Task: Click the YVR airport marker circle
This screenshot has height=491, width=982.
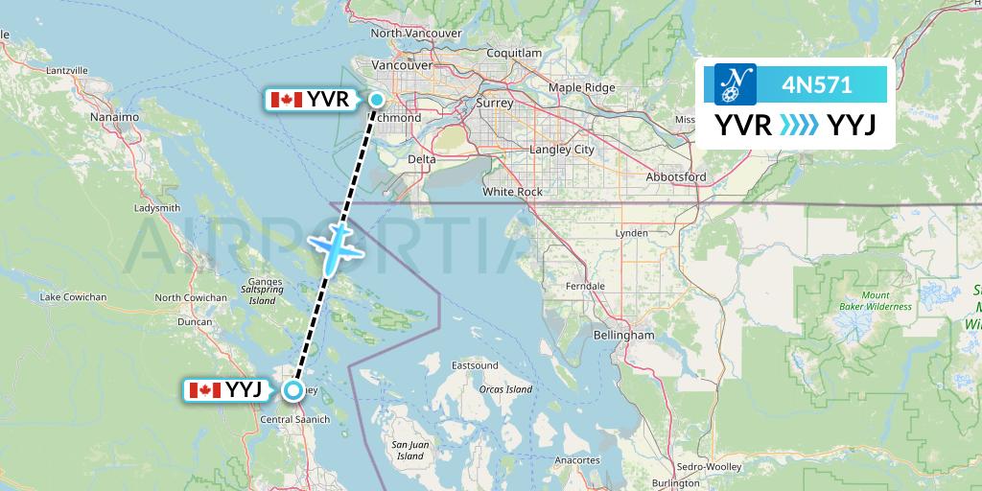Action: (x=377, y=100)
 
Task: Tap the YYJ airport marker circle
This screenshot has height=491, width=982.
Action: (x=292, y=389)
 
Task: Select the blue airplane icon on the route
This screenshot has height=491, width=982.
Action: (x=332, y=246)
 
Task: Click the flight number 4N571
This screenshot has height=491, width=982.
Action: (x=816, y=84)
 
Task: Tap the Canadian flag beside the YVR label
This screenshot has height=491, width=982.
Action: (x=287, y=100)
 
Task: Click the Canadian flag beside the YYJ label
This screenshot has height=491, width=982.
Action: (x=204, y=389)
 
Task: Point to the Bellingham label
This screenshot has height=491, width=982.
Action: (x=623, y=335)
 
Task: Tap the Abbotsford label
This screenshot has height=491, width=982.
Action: (x=675, y=176)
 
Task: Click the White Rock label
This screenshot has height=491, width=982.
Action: (x=512, y=192)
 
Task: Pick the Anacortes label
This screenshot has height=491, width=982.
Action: (x=576, y=460)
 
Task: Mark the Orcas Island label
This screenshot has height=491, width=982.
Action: (x=505, y=389)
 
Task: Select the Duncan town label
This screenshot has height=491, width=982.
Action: (x=195, y=322)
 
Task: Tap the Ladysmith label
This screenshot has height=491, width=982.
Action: (x=157, y=207)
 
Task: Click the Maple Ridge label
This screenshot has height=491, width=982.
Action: (x=581, y=87)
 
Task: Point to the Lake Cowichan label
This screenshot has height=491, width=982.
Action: (x=73, y=297)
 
